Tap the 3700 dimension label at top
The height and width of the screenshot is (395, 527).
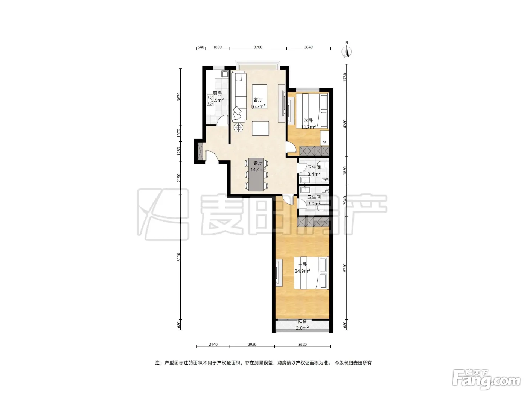tap(258, 47)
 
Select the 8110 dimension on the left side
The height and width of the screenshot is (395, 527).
tap(179, 257)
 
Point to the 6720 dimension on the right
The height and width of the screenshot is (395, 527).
tap(345, 267)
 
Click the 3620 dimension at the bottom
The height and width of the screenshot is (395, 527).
tap(302, 345)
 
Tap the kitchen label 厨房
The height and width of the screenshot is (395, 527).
tap(217, 94)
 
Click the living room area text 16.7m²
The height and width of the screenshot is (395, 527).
tap(258, 106)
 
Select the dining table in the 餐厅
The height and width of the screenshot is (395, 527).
tap(256, 174)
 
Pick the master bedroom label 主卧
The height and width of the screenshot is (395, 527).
tap(302, 264)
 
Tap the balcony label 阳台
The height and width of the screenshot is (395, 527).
tap(302, 321)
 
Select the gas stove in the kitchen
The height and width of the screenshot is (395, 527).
tap(42, 100)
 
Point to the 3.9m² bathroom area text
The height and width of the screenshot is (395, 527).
tap(314, 204)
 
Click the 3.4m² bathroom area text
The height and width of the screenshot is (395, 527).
tap(314, 174)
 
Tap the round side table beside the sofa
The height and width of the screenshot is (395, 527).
tap(238, 128)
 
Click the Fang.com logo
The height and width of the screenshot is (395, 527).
tap(487, 380)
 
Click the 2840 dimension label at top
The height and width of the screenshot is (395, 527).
tap(308, 47)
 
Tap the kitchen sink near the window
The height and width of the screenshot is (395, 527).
tap(57, 74)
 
